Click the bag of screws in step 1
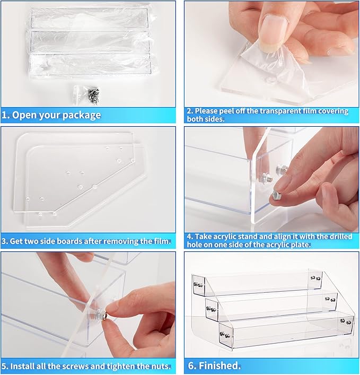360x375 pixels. coord(87,94)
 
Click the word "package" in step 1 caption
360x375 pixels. coord(82,115)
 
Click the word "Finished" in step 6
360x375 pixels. coord(219,365)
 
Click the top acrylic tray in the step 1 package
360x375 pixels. coord(89,19)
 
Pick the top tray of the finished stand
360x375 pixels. coord(258,283)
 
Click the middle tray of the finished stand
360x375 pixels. coord(271,307)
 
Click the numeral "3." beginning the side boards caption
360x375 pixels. coord(5,241)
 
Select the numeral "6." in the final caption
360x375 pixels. coord(192,365)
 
